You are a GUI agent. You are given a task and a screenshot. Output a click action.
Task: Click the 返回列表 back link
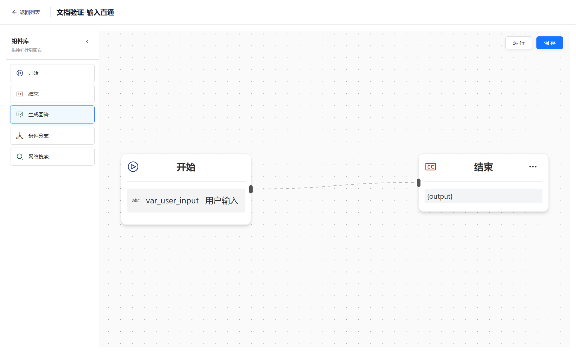click(x=26, y=12)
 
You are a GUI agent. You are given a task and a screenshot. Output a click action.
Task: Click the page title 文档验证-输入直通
click(x=85, y=12)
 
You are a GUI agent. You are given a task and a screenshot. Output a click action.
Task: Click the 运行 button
click(x=518, y=43)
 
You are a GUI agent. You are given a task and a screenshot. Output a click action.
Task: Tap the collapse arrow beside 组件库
click(x=87, y=41)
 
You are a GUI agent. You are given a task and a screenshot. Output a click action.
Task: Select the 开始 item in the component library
click(x=52, y=73)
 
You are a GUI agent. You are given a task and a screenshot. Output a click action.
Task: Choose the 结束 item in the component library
click(x=52, y=94)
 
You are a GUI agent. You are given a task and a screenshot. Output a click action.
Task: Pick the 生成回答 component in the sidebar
click(x=52, y=114)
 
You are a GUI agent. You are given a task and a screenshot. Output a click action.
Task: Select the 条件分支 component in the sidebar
click(x=52, y=135)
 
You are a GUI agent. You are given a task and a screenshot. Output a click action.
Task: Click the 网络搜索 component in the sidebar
click(x=52, y=156)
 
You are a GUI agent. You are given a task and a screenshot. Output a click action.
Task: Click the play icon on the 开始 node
click(x=133, y=167)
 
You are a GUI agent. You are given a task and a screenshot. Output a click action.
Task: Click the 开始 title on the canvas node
click(x=186, y=167)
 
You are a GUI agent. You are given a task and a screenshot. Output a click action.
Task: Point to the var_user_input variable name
click(x=172, y=201)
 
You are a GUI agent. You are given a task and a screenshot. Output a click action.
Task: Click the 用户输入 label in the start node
click(x=221, y=201)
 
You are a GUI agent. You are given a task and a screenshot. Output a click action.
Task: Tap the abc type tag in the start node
click(x=136, y=201)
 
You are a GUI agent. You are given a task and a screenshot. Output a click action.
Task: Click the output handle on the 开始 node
click(x=251, y=189)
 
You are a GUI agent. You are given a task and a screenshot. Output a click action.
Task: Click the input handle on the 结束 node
click(x=419, y=183)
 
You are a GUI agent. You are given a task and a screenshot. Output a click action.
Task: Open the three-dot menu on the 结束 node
click(x=533, y=167)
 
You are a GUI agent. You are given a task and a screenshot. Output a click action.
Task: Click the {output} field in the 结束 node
click(x=483, y=196)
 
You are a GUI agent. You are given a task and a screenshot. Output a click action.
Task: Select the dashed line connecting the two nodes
click(x=335, y=185)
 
